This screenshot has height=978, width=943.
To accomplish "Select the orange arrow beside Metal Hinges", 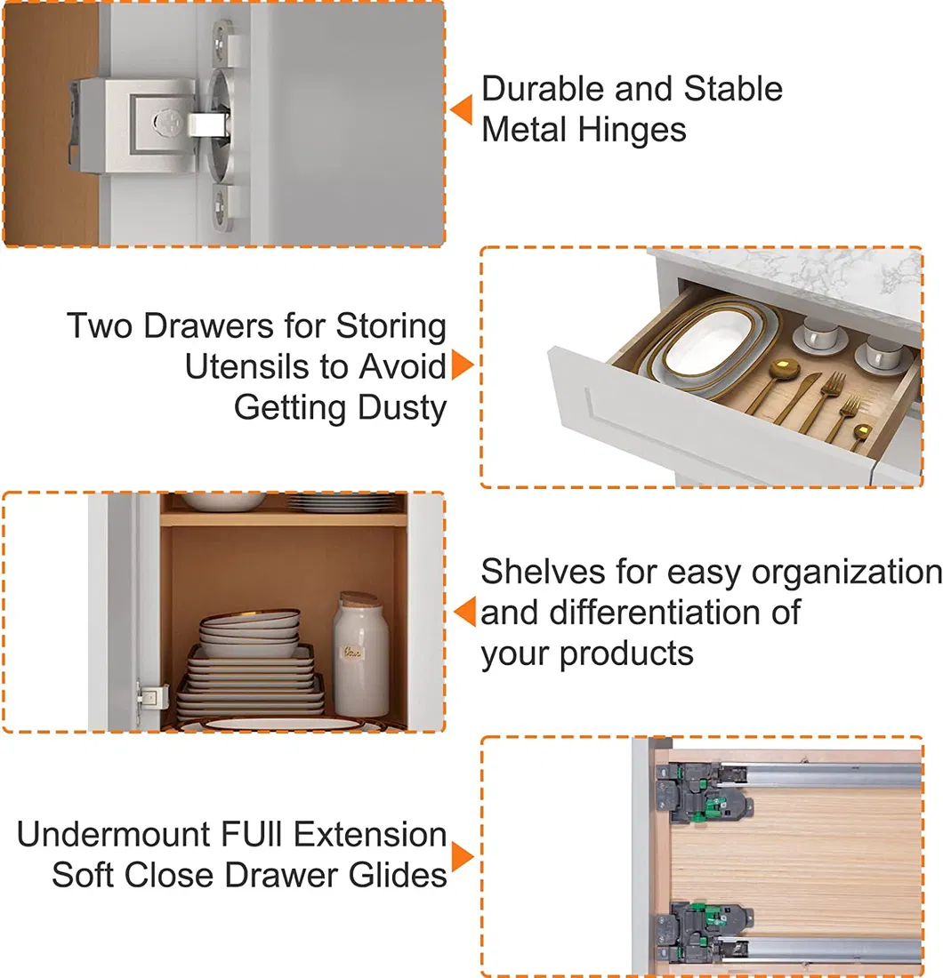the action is [x=461, y=109].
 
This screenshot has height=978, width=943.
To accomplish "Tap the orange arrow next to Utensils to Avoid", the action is [x=463, y=365].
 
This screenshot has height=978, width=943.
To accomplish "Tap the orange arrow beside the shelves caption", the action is [x=464, y=612].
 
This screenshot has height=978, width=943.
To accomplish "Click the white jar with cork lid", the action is [x=360, y=655].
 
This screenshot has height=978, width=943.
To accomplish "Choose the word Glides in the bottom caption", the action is [x=398, y=875].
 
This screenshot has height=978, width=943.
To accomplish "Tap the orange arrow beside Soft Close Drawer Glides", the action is [x=463, y=856].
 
